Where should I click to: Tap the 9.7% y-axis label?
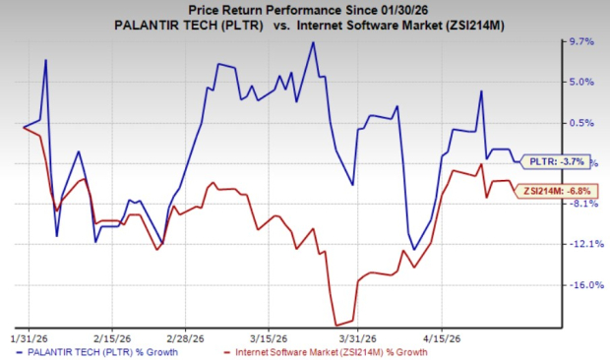(x=583, y=42)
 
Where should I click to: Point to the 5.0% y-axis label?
(x=583, y=83)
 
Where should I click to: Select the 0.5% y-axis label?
(x=583, y=123)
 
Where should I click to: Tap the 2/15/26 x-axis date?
(x=109, y=334)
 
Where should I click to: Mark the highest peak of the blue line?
(x=313, y=42)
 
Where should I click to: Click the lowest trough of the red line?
(x=336, y=326)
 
